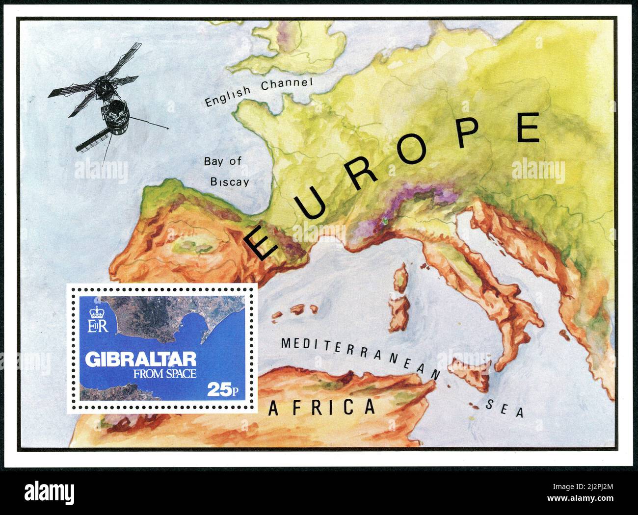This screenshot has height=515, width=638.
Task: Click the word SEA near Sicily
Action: tap(505, 409)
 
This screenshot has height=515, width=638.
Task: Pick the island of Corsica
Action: tap(402, 277)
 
